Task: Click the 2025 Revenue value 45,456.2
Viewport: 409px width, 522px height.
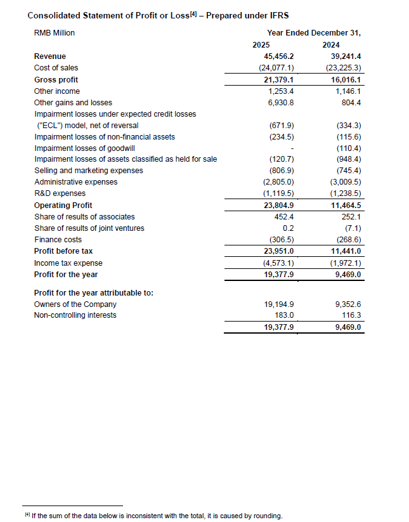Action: click(280, 56)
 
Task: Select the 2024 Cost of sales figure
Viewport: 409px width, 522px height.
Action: click(344, 67)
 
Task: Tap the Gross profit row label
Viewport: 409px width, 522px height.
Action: click(56, 79)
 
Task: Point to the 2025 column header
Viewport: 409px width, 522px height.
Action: click(261, 44)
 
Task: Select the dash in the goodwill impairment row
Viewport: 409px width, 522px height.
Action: click(290, 148)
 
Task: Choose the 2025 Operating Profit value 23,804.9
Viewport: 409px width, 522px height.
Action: click(280, 205)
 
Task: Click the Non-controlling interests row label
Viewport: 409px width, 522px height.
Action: click(75, 315)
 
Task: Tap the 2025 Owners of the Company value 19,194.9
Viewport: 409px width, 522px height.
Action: click(280, 304)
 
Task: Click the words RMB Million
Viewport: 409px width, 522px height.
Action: click(54, 32)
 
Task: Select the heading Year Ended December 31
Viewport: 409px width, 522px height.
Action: click(318, 32)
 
